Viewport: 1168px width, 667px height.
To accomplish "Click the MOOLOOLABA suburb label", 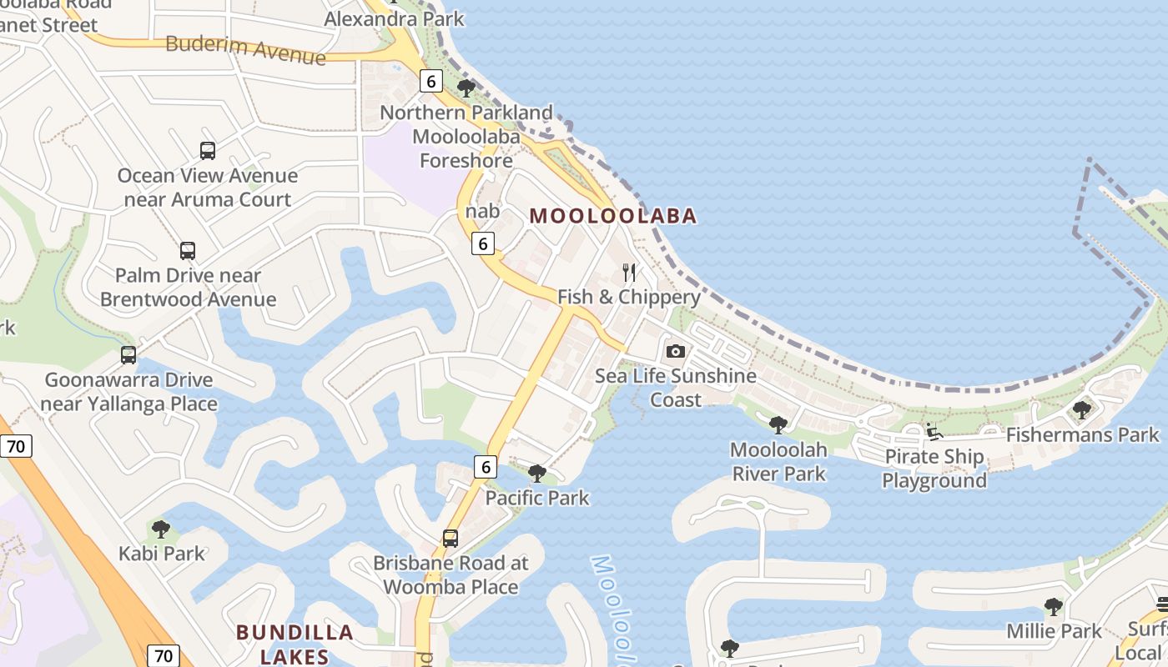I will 613,216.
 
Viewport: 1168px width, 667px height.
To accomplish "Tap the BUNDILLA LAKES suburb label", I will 295,644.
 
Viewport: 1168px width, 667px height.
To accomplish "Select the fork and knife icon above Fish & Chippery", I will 629,273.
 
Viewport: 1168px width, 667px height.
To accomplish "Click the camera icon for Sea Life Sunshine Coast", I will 676,351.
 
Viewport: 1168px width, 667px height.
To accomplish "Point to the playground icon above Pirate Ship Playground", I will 934,431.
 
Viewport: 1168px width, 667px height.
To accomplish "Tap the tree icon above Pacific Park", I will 537,474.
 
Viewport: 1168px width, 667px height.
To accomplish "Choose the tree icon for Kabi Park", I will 161,529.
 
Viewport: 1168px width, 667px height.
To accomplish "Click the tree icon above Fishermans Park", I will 1082,409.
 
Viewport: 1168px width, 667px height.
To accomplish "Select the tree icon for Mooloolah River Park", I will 778,424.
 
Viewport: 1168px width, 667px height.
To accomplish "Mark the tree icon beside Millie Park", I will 1054,606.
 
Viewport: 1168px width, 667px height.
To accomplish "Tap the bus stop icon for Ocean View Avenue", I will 208,151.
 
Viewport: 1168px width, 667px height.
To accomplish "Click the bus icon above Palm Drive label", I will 188,250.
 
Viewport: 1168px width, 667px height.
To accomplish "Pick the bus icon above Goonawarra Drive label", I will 128,354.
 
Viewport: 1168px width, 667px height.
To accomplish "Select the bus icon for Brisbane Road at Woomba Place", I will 451,538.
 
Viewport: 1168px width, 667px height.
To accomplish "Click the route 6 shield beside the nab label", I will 482,243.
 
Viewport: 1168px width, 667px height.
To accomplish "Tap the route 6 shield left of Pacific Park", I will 485,467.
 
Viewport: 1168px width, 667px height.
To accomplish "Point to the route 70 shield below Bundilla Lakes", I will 163,655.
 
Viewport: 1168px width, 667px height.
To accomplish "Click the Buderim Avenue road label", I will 245,49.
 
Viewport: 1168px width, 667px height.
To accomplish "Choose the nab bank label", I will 482,211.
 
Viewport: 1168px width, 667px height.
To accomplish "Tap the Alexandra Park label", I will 394,18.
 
